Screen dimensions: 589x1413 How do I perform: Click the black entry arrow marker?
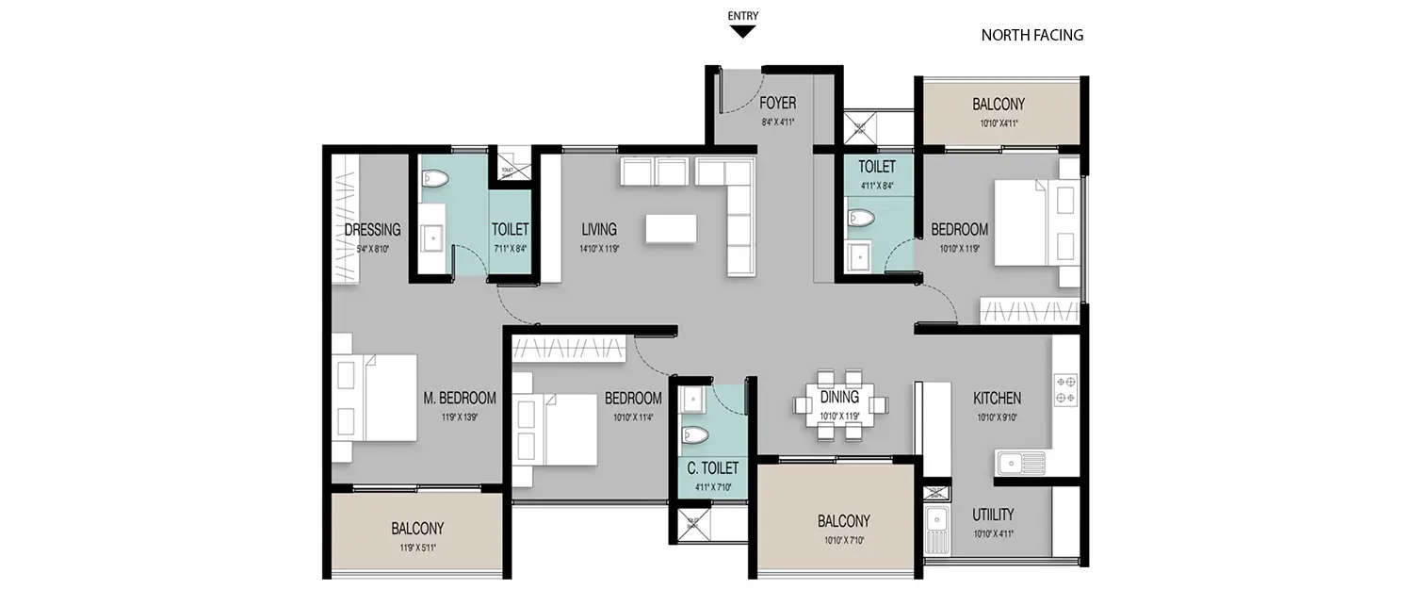[x=743, y=31]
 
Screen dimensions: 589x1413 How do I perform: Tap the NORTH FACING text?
[x=1031, y=36]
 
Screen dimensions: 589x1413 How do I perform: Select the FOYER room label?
[x=778, y=103]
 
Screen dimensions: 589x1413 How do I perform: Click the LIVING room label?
[x=599, y=229]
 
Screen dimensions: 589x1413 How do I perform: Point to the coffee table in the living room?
[x=671, y=229]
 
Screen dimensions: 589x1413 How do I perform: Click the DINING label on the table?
[x=839, y=397]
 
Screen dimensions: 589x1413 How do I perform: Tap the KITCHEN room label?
[x=997, y=399]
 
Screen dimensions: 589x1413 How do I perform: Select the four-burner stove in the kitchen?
[x=1065, y=389]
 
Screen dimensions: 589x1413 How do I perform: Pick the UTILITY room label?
[x=994, y=515]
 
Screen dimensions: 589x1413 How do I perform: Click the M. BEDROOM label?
[x=460, y=399]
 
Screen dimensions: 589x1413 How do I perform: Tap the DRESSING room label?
[x=372, y=230]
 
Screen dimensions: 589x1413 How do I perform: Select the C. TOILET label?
[x=712, y=468]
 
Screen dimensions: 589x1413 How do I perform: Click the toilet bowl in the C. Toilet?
[x=694, y=435]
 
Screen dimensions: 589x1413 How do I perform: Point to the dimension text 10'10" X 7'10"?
[x=843, y=540]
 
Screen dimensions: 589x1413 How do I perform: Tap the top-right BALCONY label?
[x=999, y=104]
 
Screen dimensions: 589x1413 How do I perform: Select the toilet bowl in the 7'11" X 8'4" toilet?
[x=435, y=177]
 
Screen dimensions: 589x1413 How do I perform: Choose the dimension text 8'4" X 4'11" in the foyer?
[x=778, y=122]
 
